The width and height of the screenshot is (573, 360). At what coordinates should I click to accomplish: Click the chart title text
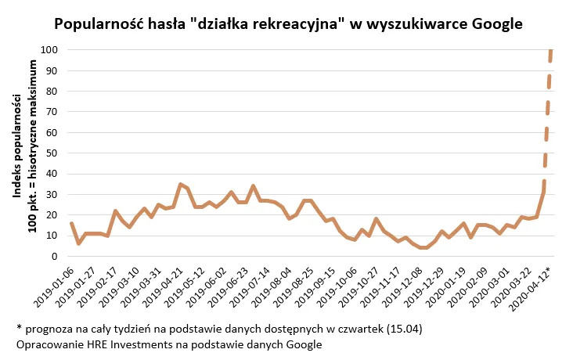pos(287,23)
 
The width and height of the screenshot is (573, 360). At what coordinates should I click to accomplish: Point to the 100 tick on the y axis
pos(50,50)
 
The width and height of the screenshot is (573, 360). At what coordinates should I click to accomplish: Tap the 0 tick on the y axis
pos(55,256)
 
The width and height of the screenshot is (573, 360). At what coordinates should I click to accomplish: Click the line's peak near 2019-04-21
pos(181,185)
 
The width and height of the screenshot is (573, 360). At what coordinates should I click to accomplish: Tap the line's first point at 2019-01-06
pos(71,223)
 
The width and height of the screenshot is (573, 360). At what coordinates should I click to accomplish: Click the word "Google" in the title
pos(495,23)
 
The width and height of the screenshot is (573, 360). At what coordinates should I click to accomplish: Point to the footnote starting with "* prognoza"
pos(219,329)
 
